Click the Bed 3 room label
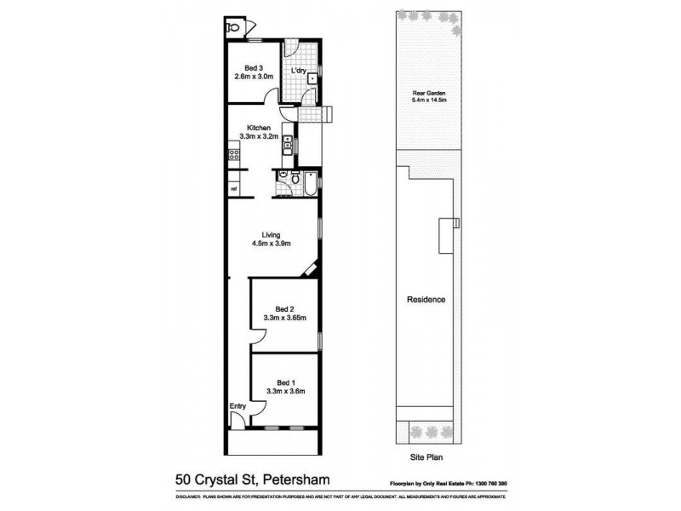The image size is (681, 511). click(x=252, y=67)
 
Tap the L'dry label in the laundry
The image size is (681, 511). click(x=298, y=72)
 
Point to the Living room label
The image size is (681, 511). click(x=272, y=234)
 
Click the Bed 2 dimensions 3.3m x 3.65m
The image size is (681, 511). click(x=284, y=318)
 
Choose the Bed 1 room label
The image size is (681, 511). click(x=284, y=382)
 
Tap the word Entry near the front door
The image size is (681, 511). click(x=237, y=406)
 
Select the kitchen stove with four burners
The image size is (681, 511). click(x=233, y=154)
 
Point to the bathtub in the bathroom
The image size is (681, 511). click(x=311, y=182)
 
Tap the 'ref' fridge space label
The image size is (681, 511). click(x=232, y=188)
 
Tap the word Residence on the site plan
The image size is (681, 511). click(x=426, y=300)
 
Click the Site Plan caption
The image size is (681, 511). click(x=429, y=456)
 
